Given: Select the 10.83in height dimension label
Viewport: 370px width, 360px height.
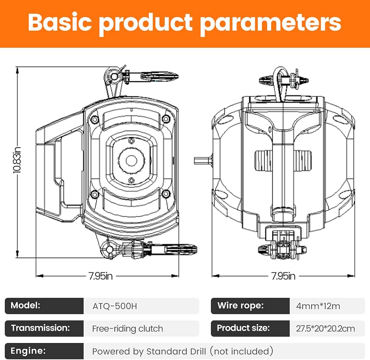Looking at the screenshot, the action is point(17,160).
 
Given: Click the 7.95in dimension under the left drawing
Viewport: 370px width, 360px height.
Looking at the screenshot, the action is point(101,276).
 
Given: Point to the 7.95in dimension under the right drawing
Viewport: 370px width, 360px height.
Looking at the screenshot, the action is point(283,276).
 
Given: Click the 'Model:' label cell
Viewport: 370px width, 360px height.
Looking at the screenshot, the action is point(44,306).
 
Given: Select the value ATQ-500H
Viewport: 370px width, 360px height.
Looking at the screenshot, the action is point(115,306).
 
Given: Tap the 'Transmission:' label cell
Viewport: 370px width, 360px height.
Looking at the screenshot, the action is point(44,328).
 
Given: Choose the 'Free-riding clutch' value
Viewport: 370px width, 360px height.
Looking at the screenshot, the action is point(127,329).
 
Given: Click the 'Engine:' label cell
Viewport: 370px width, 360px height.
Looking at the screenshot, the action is point(44,351).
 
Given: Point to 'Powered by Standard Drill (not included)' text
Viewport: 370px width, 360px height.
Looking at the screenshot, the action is point(183,351).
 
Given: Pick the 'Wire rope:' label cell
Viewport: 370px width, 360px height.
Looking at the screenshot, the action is point(250,306).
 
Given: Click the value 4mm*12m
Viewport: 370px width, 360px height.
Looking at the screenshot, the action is point(318,306).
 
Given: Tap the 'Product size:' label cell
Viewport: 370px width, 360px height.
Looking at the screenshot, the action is point(250,328).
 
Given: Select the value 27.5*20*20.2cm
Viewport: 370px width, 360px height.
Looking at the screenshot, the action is point(325,329).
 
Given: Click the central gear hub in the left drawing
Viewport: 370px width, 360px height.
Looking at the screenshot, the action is point(131,161).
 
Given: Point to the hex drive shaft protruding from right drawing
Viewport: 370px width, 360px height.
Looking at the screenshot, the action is point(203,161).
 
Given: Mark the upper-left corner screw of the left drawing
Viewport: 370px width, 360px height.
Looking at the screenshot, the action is point(95,120).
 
